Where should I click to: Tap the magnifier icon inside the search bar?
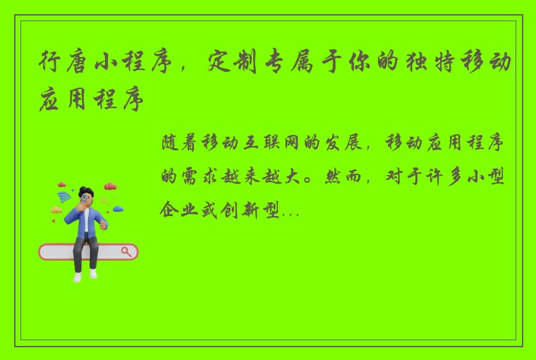(127, 251)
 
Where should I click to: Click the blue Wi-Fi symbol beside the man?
(64, 196)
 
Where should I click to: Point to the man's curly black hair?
(85, 191)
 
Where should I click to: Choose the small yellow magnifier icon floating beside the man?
(106, 200)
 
